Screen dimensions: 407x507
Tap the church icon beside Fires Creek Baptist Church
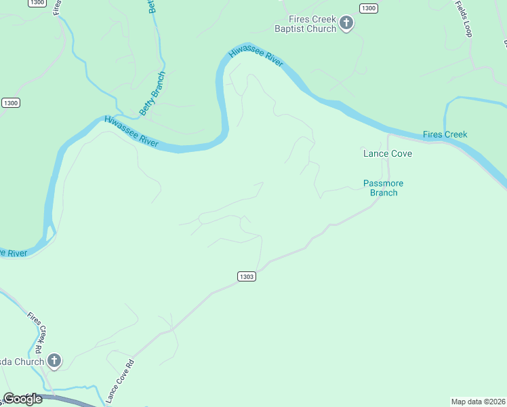pyautogui.click(x=346, y=24)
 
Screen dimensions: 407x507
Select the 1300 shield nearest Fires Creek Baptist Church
pyautogui.click(x=368, y=8)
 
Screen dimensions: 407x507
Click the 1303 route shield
pyautogui.click(x=247, y=276)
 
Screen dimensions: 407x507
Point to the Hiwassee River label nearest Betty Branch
pyautogui.click(x=131, y=132)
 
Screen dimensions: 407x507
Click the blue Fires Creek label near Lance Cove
pyautogui.click(x=445, y=134)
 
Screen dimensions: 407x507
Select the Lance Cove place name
pyautogui.click(x=388, y=153)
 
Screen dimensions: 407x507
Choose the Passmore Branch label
pyautogui.click(x=384, y=188)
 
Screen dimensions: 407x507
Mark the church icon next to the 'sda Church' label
pyautogui.click(x=54, y=361)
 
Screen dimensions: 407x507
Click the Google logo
pyautogui.click(x=22, y=399)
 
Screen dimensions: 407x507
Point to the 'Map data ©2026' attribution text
pyautogui.click(x=478, y=401)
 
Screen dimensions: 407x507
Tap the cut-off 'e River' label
pyautogui.click(x=13, y=253)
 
